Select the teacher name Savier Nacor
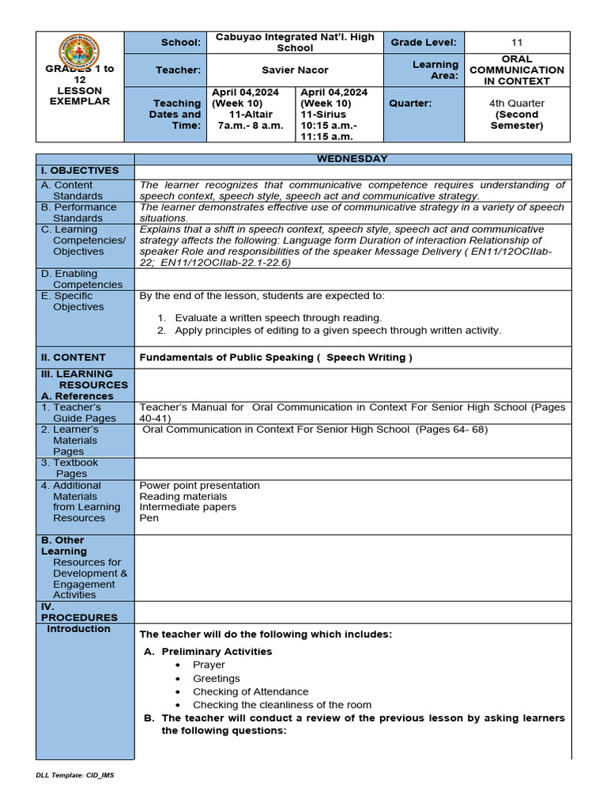(x=295, y=70)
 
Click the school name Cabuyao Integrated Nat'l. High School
(x=295, y=43)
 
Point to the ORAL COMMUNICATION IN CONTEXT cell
(x=516, y=70)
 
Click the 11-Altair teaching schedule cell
(x=251, y=114)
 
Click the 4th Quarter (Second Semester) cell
(x=516, y=114)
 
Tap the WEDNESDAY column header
(x=352, y=159)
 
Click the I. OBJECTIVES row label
(x=80, y=171)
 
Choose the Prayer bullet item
(x=209, y=665)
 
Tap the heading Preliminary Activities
(x=216, y=652)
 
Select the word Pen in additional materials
(x=149, y=518)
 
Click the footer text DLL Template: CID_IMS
(x=75, y=775)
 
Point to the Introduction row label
(x=78, y=629)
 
